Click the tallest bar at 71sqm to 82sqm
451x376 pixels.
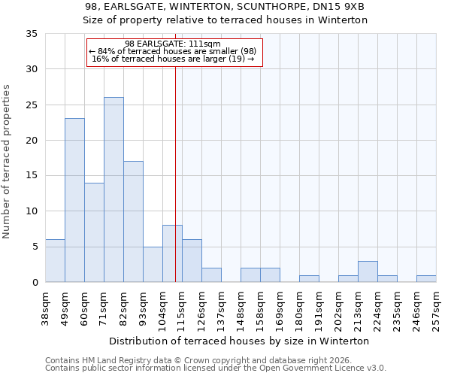(114, 190)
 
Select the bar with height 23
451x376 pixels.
(74, 200)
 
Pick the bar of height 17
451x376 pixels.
(133, 221)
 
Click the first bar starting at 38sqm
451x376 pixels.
(55, 260)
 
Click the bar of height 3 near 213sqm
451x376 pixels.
(368, 271)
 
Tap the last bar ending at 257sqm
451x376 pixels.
(426, 278)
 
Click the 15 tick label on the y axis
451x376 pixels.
(31, 176)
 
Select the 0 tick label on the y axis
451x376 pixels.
(34, 282)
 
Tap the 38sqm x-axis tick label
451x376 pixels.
(46, 308)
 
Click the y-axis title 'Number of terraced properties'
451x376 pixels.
(8, 162)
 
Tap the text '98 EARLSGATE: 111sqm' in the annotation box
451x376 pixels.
(172, 44)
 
